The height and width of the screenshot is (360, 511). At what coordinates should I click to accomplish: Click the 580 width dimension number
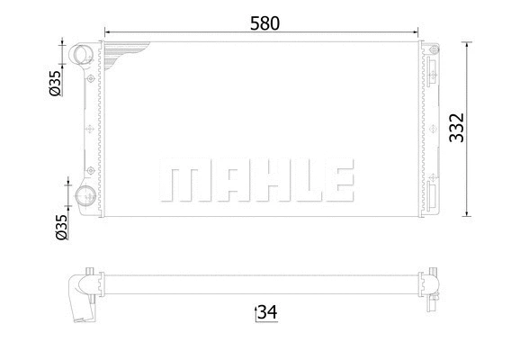click(261, 23)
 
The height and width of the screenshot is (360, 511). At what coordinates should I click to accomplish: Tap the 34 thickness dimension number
click(266, 312)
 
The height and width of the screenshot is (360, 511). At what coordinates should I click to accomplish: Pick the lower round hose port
click(86, 199)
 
